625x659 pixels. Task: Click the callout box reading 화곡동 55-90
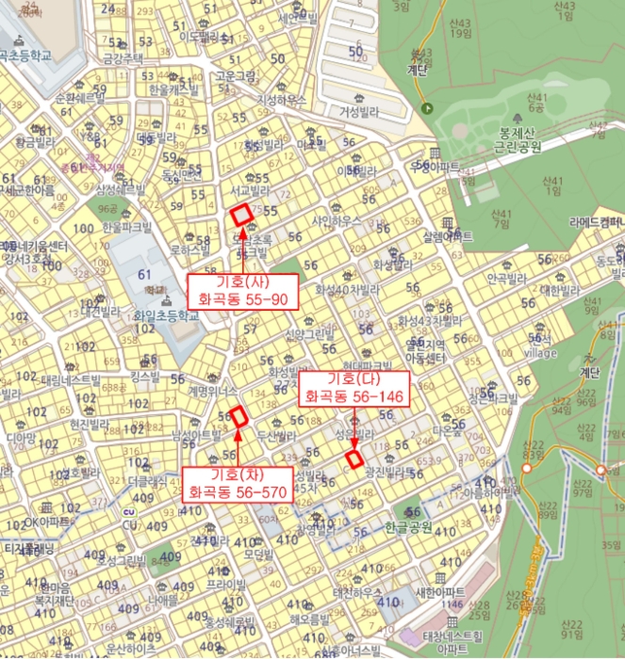[x=243, y=292]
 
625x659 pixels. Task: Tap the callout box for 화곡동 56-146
[x=354, y=388]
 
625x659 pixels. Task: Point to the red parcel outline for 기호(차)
[x=238, y=416]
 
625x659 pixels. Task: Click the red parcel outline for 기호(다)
[x=354, y=459]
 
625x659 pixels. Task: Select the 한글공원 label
[x=407, y=528]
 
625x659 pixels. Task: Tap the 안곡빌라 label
[x=510, y=280]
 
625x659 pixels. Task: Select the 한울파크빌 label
[x=126, y=228]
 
